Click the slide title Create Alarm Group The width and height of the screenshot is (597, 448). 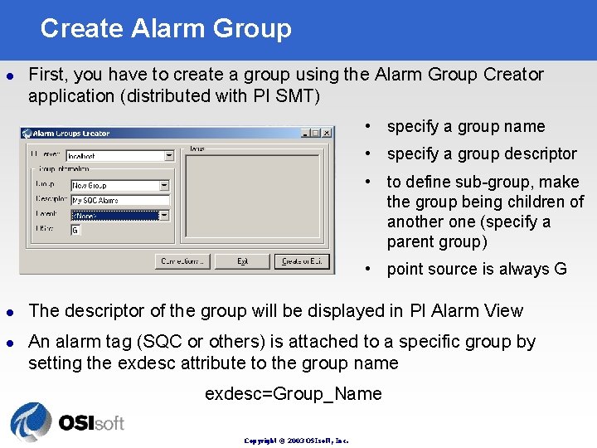(x=166, y=28)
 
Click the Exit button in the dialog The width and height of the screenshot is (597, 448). (x=242, y=261)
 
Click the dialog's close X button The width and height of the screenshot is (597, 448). (x=327, y=133)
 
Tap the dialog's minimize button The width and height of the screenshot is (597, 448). (x=306, y=133)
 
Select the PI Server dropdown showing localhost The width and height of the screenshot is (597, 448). (x=119, y=155)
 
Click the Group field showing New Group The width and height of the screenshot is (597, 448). (x=119, y=186)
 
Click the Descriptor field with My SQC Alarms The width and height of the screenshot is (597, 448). (x=119, y=200)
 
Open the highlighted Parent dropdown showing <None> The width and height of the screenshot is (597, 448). (x=119, y=215)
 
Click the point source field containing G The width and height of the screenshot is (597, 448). (x=75, y=230)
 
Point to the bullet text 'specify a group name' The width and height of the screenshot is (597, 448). (x=465, y=127)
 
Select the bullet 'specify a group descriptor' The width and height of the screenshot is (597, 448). (x=481, y=154)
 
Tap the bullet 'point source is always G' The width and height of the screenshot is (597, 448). (x=476, y=269)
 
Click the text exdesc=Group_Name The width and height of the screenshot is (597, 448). (x=294, y=394)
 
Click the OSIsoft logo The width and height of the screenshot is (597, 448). (x=66, y=421)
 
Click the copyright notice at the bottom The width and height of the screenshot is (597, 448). (x=296, y=441)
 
